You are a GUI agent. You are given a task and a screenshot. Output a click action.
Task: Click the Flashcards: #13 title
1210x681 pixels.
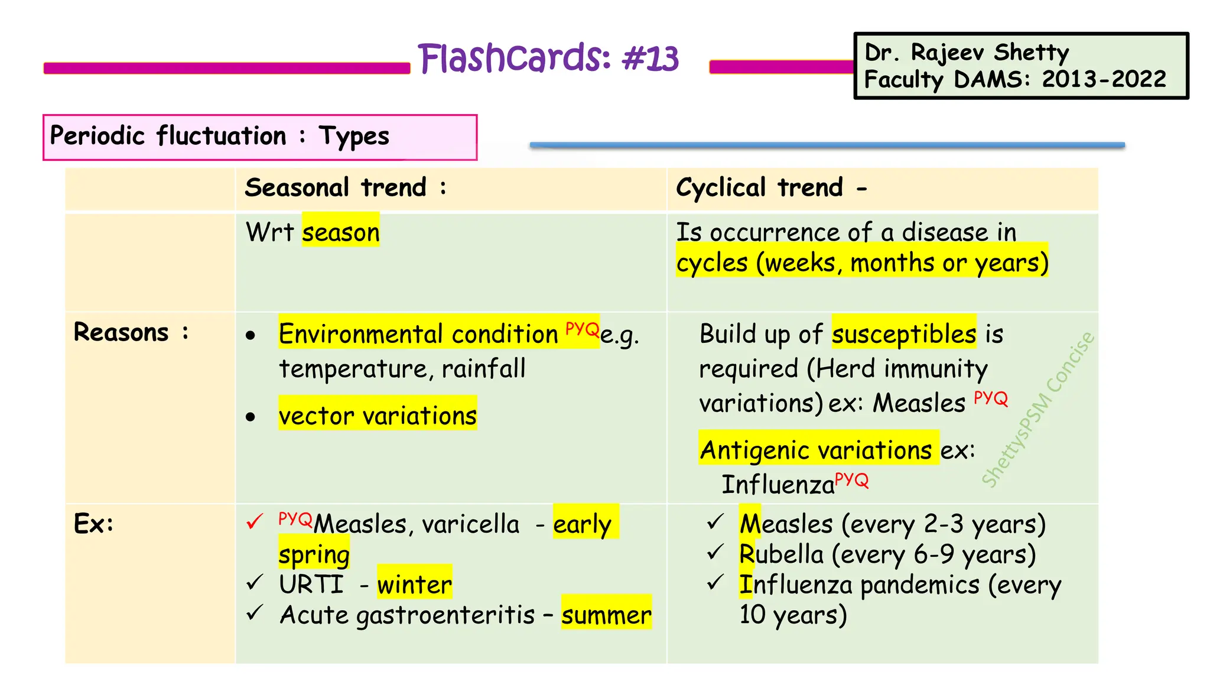pyautogui.click(x=548, y=59)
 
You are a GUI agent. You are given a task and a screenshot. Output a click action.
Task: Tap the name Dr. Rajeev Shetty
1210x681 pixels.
pyautogui.click(x=967, y=52)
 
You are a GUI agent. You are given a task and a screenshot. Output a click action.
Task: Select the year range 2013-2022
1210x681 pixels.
pyautogui.click(x=1104, y=79)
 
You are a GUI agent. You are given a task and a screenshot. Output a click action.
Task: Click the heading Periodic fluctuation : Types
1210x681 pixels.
pyautogui.click(x=219, y=136)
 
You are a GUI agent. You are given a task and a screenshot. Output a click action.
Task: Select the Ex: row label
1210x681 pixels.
pyautogui.click(x=93, y=524)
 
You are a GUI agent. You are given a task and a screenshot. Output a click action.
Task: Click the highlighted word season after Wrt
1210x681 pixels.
pyautogui.click(x=341, y=232)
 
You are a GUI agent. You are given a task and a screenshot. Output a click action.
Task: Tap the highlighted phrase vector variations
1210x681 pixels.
pyautogui.click(x=378, y=416)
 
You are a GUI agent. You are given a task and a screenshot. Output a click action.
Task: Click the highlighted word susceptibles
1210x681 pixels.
pyautogui.click(x=903, y=334)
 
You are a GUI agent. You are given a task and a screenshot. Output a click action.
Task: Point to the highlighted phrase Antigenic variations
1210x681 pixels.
pyautogui.click(x=816, y=450)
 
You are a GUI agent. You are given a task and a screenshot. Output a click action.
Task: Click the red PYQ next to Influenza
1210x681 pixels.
pyautogui.click(x=851, y=479)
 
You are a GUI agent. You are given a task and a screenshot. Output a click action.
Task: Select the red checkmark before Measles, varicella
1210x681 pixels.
pyautogui.click(x=255, y=522)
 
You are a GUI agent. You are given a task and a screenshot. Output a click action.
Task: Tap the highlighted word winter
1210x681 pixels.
pyautogui.click(x=414, y=585)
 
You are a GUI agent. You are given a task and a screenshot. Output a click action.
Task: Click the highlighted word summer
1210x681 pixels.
pyautogui.click(x=606, y=615)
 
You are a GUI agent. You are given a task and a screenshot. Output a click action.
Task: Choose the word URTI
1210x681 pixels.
pyautogui.click(x=311, y=585)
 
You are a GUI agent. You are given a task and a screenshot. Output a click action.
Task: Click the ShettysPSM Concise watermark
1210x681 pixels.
pyautogui.click(x=1038, y=410)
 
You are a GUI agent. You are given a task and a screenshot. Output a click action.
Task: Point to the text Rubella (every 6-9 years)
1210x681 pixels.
pyautogui.click(x=887, y=554)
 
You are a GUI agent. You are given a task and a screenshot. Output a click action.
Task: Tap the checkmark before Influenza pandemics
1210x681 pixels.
pyautogui.click(x=715, y=583)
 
